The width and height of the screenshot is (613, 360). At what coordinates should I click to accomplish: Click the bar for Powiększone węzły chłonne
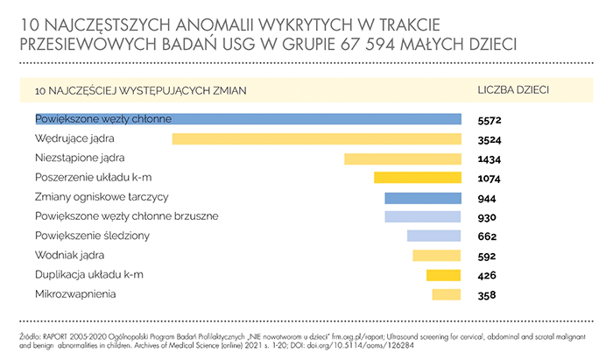[x=248, y=119]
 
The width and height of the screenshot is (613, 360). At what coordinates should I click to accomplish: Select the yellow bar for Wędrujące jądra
[x=316, y=138]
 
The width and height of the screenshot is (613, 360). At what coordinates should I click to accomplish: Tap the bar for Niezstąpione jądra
[x=402, y=159]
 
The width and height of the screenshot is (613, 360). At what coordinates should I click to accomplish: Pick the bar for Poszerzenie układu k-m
[x=417, y=178]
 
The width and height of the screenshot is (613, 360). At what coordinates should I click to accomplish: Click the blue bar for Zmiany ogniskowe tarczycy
[x=422, y=197]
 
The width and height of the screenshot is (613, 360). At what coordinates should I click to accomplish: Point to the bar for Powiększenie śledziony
[x=433, y=236]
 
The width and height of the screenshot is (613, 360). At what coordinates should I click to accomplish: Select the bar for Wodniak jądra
[x=436, y=256]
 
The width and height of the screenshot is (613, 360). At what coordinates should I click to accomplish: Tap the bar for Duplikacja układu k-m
[x=443, y=275]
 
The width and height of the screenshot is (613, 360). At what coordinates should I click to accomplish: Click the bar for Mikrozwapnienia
[x=446, y=295]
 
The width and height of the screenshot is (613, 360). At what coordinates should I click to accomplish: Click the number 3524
[x=490, y=139]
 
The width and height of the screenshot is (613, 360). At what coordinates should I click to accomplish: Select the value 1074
[x=490, y=178]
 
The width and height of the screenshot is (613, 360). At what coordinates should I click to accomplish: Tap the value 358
[x=487, y=295]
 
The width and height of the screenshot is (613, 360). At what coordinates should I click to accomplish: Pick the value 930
[x=487, y=216]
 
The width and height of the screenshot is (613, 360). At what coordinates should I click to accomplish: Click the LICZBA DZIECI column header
[x=513, y=90]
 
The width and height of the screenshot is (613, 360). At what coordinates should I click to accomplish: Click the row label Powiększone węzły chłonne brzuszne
[x=126, y=216]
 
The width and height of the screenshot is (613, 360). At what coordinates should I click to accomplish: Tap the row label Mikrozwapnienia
[x=74, y=295]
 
